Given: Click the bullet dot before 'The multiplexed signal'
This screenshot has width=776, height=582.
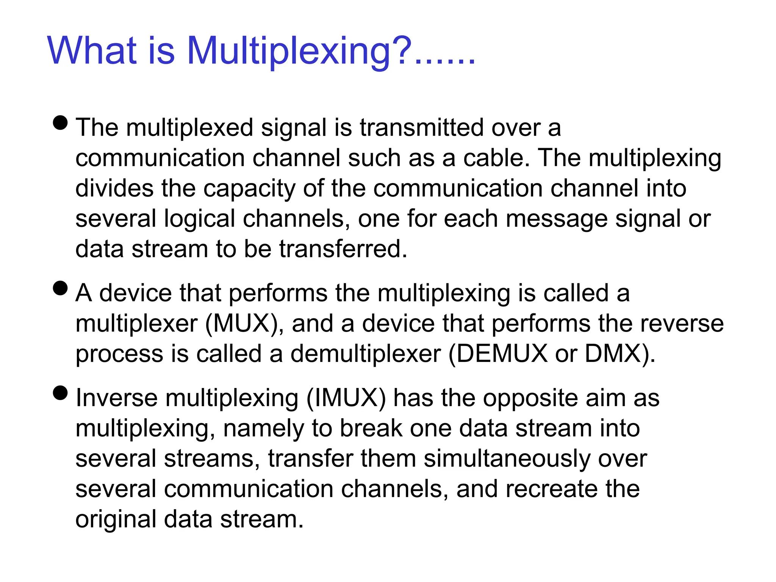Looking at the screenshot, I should click(61, 122).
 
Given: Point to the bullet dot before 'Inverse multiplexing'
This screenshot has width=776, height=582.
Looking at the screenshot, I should click(61, 393).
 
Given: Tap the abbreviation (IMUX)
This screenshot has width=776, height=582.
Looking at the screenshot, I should click(346, 398).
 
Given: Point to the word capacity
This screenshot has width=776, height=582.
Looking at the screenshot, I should click(249, 189).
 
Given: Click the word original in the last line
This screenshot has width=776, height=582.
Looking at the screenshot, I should click(116, 519).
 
